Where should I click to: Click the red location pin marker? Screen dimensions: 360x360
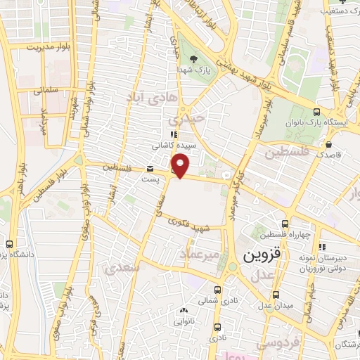tap(181, 165)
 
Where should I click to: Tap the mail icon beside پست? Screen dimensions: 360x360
tap(150, 169)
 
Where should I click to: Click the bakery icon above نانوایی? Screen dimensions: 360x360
tap(184, 310)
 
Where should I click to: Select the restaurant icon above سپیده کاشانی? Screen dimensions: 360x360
tap(173, 135)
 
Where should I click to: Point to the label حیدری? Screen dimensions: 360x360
tap(191, 120)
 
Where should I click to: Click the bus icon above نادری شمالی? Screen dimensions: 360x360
tap(218, 289)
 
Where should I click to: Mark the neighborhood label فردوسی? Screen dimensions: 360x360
tap(261, 344)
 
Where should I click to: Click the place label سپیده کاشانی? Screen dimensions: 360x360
tap(169, 146)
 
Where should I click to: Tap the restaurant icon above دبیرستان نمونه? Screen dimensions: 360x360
tap(321, 247)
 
